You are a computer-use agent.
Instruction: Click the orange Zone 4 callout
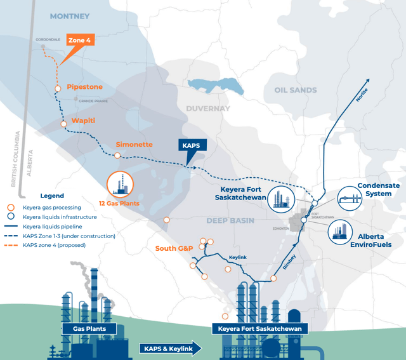[80, 41]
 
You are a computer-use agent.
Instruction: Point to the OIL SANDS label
[295, 90]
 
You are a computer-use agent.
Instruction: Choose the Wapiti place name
[83, 119]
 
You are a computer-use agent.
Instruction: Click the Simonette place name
[134, 144]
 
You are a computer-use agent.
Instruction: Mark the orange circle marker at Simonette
[117, 155]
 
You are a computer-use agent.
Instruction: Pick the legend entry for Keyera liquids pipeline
[60, 226]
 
